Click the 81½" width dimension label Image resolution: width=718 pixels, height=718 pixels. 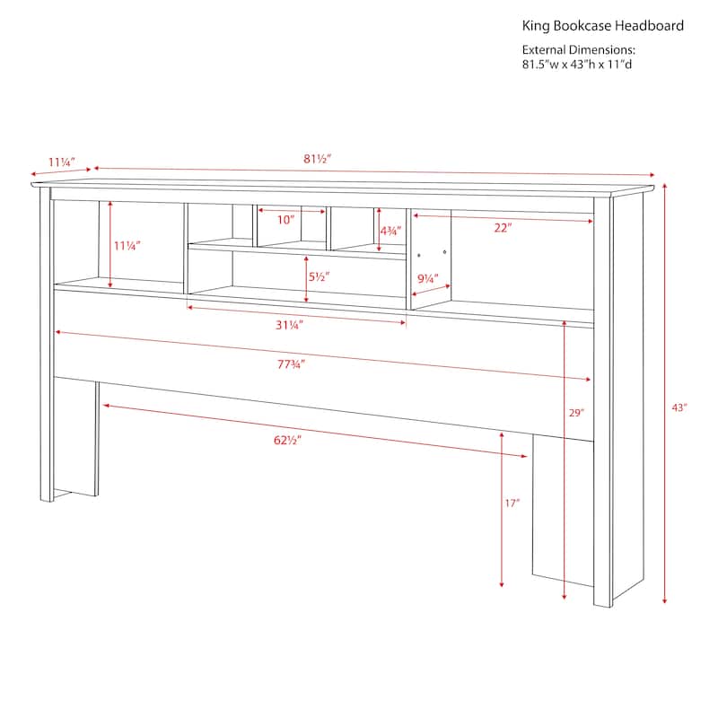click(317, 159)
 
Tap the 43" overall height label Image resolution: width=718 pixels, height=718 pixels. click(679, 407)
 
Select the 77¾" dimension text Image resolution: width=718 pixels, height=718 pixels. click(291, 364)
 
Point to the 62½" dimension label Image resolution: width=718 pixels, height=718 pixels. click(287, 440)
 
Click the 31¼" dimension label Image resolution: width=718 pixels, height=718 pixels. click(289, 325)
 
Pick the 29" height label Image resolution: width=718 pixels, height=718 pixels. click(576, 413)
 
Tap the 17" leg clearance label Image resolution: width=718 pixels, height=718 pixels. click(512, 503)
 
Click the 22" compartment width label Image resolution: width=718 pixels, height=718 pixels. click(503, 228)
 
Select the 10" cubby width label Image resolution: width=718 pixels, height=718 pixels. click(285, 220)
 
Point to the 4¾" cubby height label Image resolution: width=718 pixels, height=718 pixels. click(390, 232)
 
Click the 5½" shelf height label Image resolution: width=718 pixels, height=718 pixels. click(319, 276)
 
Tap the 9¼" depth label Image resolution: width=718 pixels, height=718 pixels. click(428, 278)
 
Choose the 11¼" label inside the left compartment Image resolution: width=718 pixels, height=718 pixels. click(127, 246)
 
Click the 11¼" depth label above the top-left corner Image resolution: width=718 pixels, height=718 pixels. click(62, 162)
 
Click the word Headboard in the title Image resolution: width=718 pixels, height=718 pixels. click(649, 26)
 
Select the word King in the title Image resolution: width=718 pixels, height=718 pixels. click(536, 27)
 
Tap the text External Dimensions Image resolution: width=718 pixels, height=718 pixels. click(579, 50)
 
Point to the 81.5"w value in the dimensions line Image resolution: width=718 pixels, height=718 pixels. click(541, 65)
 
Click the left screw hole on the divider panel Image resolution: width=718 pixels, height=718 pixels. click(419, 255)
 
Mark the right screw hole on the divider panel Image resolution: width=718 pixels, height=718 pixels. click(444, 252)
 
